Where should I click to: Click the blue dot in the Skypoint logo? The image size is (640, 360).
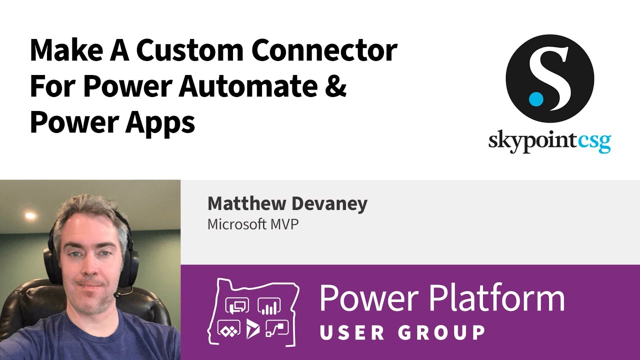(535, 98)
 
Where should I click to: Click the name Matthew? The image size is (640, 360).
(242, 204)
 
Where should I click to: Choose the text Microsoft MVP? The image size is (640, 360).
(253, 224)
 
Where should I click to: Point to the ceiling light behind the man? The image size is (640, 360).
(30, 216)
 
